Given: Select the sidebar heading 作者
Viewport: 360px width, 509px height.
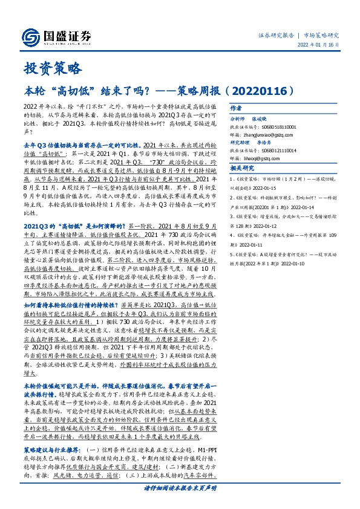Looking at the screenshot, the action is pos(235,108).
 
